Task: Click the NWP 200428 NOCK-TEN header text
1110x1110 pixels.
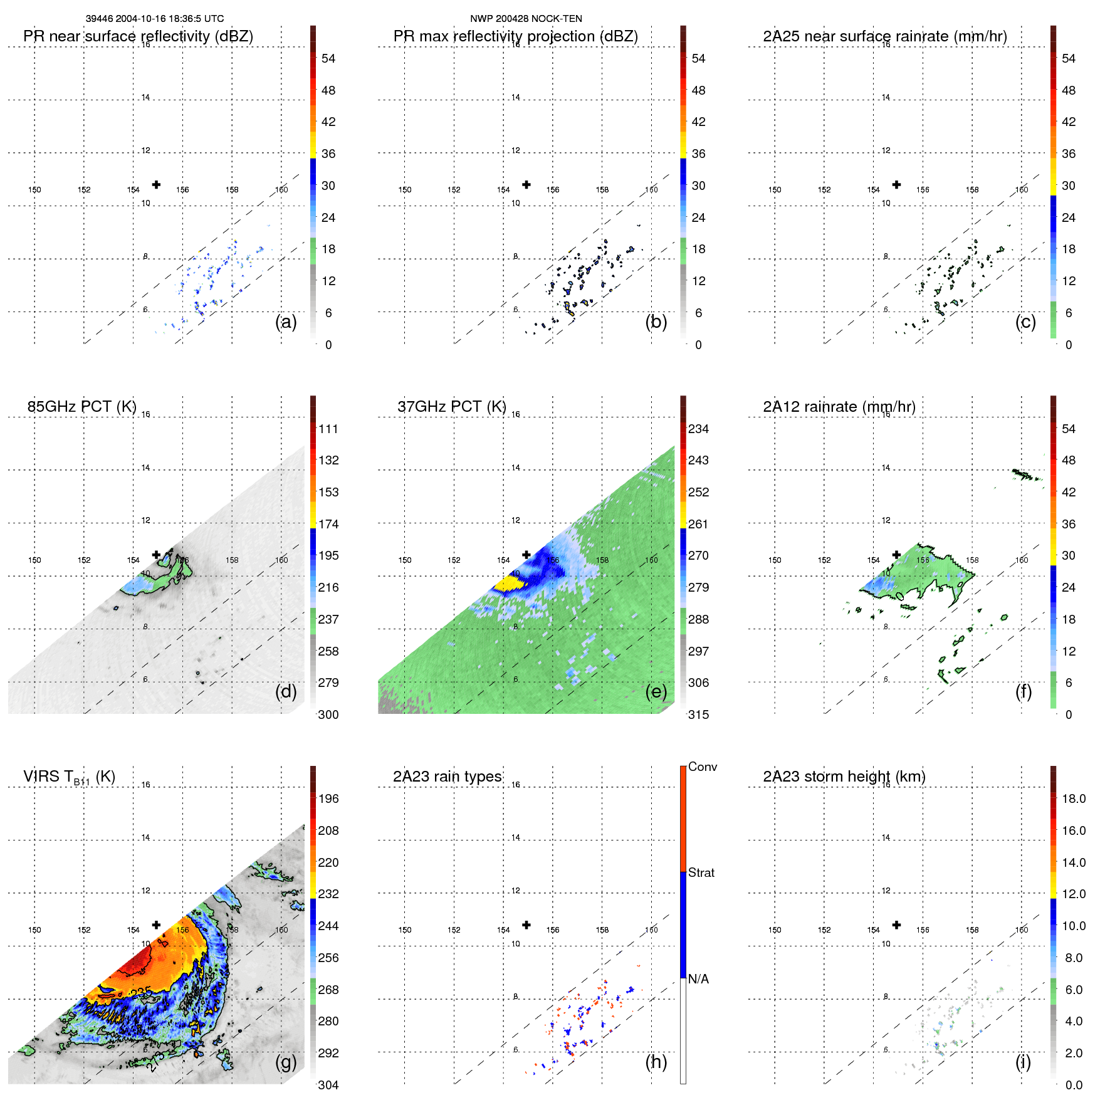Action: click(526, 19)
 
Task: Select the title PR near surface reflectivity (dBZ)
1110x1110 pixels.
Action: click(138, 36)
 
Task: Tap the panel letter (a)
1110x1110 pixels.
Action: click(286, 322)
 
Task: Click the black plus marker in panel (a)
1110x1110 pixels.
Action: click(156, 184)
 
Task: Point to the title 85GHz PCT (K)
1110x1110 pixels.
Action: click(81, 407)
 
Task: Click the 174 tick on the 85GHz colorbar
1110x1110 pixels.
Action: click(328, 524)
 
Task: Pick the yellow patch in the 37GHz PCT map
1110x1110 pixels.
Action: click(509, 583)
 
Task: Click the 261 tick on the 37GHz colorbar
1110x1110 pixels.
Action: click(698, 524)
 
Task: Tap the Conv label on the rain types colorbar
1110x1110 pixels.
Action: click(703, 767)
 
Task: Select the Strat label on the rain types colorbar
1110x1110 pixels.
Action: click(701, 872)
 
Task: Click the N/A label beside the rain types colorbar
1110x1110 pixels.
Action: click(698, 979)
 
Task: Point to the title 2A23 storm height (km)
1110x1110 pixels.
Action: click(844, 777)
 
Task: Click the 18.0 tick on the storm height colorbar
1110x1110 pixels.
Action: click(1074, 798)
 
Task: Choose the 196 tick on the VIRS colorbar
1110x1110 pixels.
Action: click(328, 798)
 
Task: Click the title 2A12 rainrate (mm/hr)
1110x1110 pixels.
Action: click(839, 407)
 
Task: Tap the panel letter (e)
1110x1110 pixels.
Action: click(656, 692)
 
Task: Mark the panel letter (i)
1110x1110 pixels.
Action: click(1023, 1062)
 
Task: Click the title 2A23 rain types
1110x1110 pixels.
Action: click(447, 777)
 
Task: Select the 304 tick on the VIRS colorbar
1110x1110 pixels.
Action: click(328, 1085)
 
